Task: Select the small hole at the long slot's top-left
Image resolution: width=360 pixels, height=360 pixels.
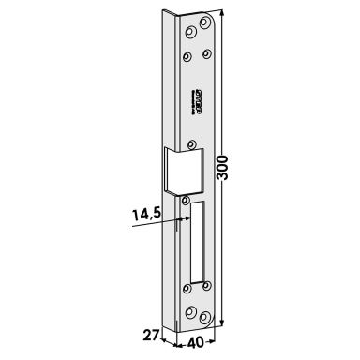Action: (x=186, y=200)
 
